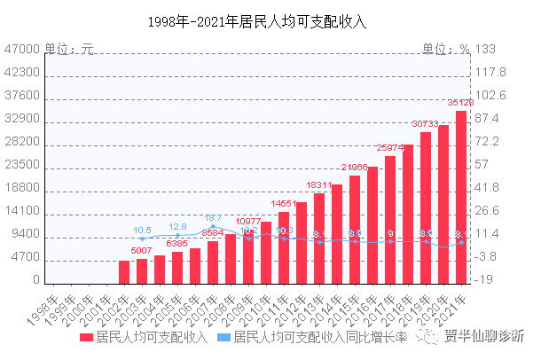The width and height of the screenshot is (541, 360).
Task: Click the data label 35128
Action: [x=459, y=103]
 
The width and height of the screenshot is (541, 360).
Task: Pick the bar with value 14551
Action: [x=284, y=247]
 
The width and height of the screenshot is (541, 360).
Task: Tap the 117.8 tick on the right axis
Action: [x=490, y=73]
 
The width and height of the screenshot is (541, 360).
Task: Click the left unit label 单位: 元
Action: [x=69, y=49]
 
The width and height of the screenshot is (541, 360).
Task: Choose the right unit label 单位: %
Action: [x=445, y=49]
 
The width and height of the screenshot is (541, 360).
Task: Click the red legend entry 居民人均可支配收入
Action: [x=142, y=337]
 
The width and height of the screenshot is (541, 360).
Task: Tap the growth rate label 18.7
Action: [x=214, y=217]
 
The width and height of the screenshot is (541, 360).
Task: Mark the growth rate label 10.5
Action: [x=143, y=231]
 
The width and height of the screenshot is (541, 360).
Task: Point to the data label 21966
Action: [x=355, y=168]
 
